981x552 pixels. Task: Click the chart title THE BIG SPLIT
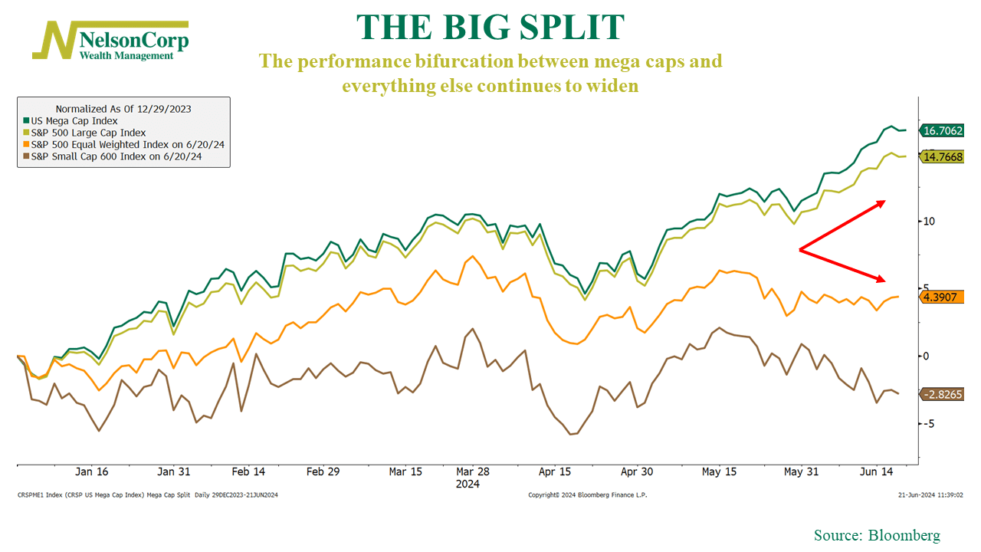coord(490,28)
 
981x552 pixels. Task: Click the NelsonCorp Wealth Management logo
coord(110,41)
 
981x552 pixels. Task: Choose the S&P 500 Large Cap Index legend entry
coord(84,133)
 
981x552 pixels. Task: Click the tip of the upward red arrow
coord(885,202)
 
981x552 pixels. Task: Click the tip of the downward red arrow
coord(885,281)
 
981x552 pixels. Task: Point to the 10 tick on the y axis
coord(929,222)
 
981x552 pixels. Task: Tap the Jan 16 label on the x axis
coord(91,472)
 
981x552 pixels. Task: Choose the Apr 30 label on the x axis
coord(636,472)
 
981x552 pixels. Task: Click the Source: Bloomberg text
coord(877,535)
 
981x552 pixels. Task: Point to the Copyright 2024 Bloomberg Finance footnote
coord(588,495)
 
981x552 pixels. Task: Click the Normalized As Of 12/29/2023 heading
coord(123,109)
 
